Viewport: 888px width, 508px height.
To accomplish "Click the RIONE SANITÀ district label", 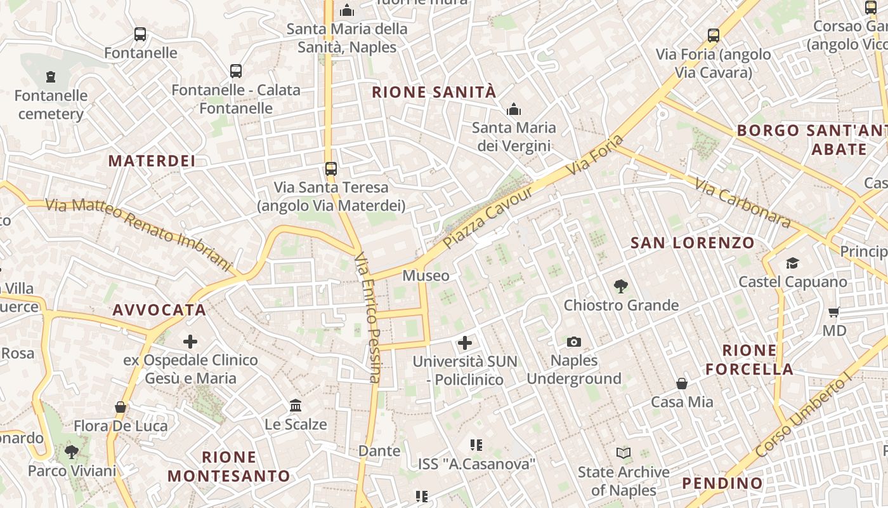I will pos(434,92).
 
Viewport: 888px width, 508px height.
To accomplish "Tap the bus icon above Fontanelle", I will pos(140,34).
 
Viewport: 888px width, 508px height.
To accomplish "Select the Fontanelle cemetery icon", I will pos(51,77).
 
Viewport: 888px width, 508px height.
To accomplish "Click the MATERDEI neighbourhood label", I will pos(152,161).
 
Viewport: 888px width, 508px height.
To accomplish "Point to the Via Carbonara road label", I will pos(743,203).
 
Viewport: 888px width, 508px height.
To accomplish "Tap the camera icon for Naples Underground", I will pos(574,342).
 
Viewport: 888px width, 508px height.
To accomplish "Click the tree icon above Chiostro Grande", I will pos(621,286).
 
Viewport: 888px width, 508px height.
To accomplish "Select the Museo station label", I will pos(426,276).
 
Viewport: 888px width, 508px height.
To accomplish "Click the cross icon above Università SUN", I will pos(465,343).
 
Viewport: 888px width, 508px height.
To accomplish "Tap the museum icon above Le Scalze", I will pos(296,405).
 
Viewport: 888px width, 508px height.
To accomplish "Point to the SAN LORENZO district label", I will pos(693,243).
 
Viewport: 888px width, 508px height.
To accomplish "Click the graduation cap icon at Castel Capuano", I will pos(792,263).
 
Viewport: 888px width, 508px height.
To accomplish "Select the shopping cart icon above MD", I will pos(834,312).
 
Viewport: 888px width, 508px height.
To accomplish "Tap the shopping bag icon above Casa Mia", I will pos(682,384).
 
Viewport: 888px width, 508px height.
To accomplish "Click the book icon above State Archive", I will pos(624,453).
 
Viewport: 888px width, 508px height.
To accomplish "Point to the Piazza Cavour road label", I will pos(488,218).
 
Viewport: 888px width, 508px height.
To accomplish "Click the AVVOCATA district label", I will pos(159,310).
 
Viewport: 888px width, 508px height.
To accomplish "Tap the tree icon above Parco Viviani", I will pos(72,452).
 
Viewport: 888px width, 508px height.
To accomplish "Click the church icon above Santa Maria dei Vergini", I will pos(514,109).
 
